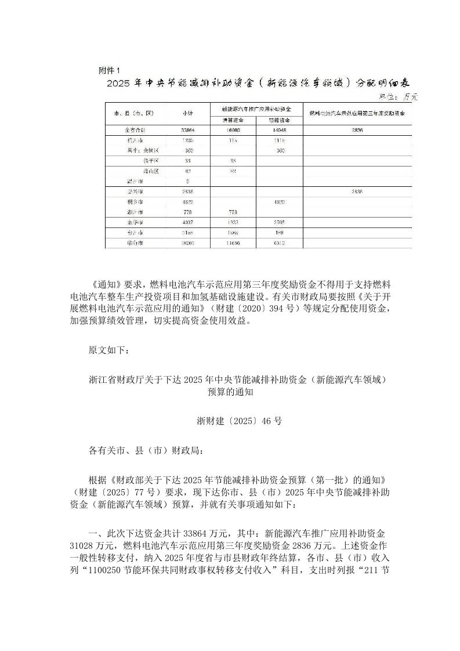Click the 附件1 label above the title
coord(109,70)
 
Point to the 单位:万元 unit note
coord(399,96)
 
